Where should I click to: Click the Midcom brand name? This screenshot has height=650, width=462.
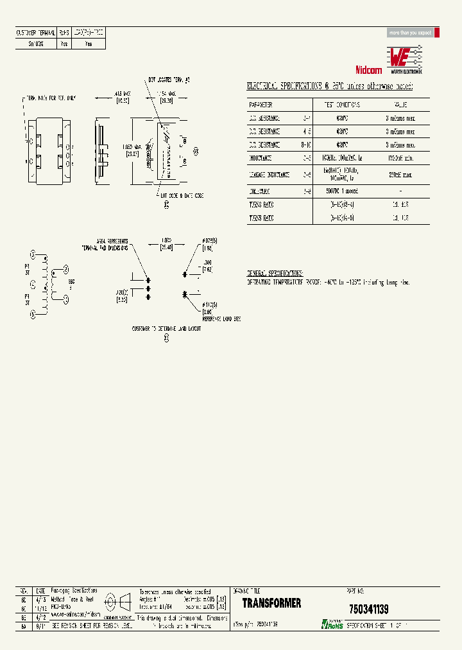click(x=368, y=70)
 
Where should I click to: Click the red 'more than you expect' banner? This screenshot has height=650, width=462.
click(x=411, y=32)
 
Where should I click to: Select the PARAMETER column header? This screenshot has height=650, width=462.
click(x=261, y=105)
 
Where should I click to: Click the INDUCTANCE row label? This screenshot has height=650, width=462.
click(x=261, y=157)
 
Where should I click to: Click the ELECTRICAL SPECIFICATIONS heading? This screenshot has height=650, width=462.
click(x=330, y=87)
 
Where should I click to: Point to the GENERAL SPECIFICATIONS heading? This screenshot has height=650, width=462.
click(x=275, y=273)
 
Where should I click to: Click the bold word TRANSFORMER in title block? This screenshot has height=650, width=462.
click(x=271, y=603)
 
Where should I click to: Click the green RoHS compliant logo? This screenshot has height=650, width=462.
click(x=333, y=624)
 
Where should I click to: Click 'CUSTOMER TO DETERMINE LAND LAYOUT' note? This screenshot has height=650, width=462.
click(x=166, y=328)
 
